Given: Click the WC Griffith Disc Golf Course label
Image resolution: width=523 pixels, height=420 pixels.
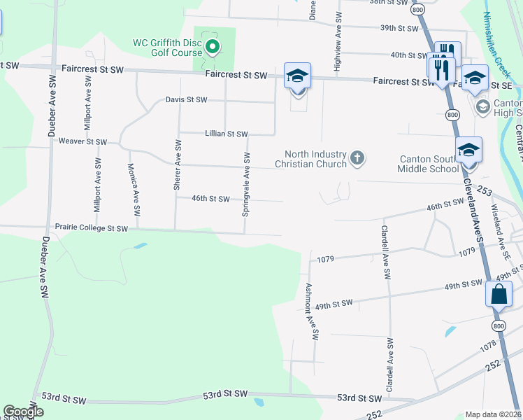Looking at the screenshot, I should click(168, 47).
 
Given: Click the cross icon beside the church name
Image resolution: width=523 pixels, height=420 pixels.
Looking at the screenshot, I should click(357, 158).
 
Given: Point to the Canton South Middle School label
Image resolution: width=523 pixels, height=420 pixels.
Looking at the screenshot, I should click(427, 163).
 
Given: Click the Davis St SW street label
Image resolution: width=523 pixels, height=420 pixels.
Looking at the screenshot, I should click(186, 99).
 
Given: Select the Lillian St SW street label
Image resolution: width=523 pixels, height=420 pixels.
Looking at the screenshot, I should click(226, 134).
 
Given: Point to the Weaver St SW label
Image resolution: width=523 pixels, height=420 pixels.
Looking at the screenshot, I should click(83, 142).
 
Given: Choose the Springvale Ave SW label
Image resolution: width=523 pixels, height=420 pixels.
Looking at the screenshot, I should click(246, 183).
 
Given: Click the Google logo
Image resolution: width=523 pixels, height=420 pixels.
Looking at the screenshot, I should click(23, 412).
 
